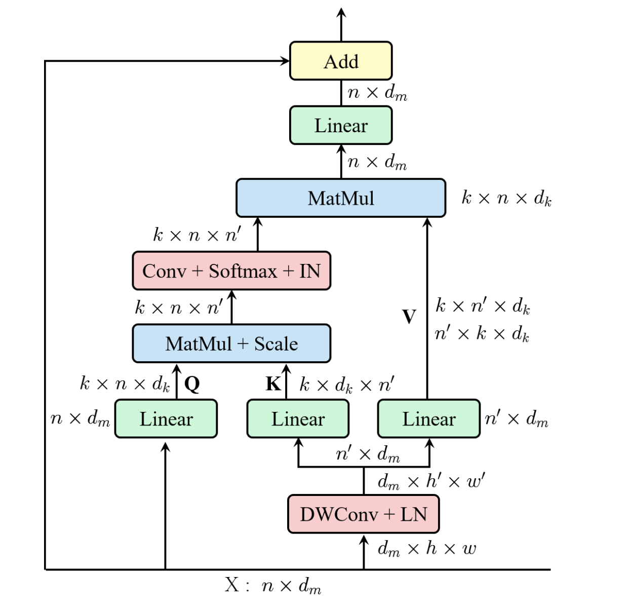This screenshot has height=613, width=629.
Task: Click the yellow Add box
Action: tap(341, 61)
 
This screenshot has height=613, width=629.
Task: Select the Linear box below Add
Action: tap(341, 125)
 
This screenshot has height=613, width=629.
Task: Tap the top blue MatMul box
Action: tap(341, 198)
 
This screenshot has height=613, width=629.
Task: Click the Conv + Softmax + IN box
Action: tap(231, 271)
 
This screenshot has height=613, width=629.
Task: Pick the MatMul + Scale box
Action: tap(231, 343)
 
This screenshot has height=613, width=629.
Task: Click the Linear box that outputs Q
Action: tap(166, 419)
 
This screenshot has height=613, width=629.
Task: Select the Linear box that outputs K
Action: tap(298, 419)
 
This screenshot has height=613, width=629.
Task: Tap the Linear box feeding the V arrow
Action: tap(428, 419)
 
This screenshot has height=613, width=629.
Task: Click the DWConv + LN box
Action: tap(363, 514)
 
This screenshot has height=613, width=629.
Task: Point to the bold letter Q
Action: tap(192, 384)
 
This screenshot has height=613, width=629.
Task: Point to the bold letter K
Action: tap(273, 384)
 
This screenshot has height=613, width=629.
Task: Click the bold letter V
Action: tap(409, 317)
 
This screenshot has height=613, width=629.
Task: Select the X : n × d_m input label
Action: tap(273, 586)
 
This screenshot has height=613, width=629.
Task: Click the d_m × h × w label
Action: tap(427, 549)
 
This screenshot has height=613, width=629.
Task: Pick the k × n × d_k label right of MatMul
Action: tap(506, 198)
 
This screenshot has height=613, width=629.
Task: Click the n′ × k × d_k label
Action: tap(482, 334)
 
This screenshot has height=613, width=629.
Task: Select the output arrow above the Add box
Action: tap(341, 23)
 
